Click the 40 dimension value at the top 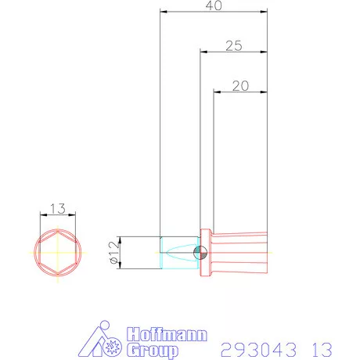[x=213, y=5]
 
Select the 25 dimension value [x=232, y=45]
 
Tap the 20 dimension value [x=240, y=86]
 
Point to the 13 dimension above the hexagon [x=57, y=209]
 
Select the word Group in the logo [x=150, y=350]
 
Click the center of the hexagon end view [x=57, y=253]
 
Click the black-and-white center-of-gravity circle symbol [x=199, y=252]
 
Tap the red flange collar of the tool [x=207, y=252]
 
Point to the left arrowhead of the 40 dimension [x=162, y=12]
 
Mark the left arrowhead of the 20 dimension [x=217, y=92]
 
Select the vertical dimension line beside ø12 [x=121, y=252]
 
